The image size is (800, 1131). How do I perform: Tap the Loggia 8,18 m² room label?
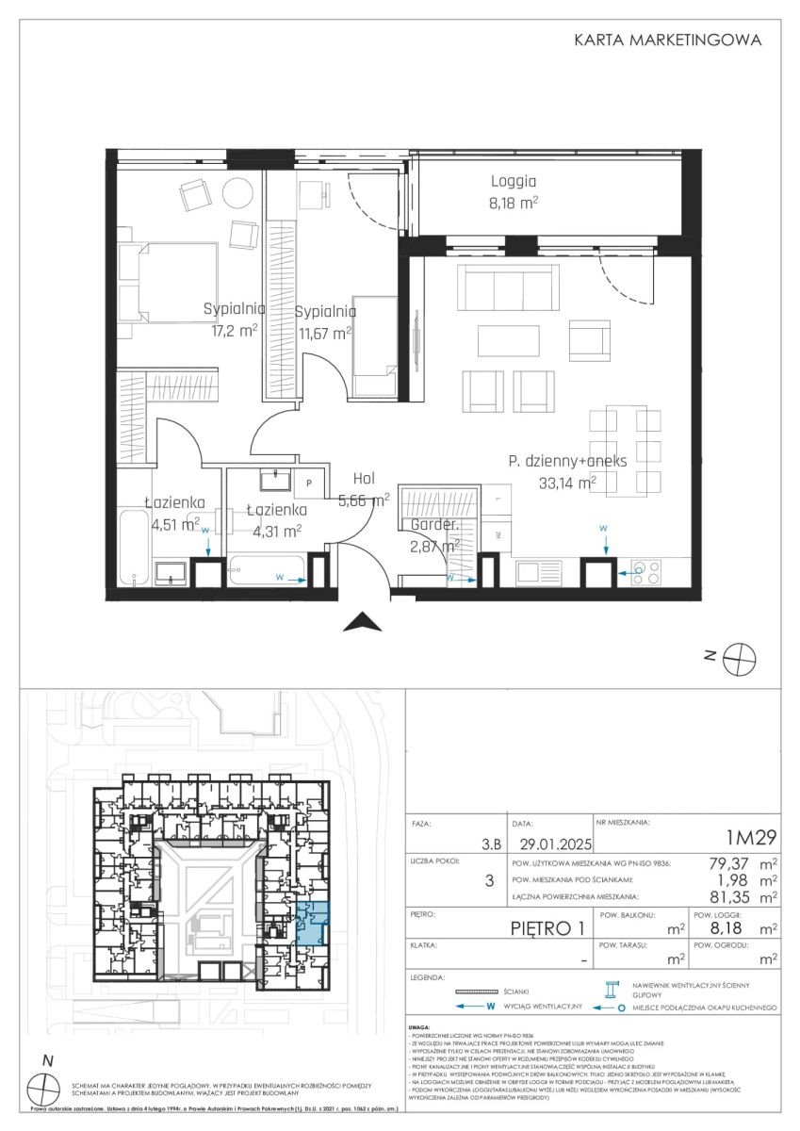pyautogui.click(x=514, y=191)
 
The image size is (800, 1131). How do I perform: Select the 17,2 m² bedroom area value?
pyautogui.click(x=234, y=331)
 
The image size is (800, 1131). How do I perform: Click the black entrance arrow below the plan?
pyautogui.click(x=363, y=621)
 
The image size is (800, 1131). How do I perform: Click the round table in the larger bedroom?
pyautogui.click(x=237, y=195)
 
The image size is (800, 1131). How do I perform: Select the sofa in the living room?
pyautogui.click(x=504, y=287)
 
